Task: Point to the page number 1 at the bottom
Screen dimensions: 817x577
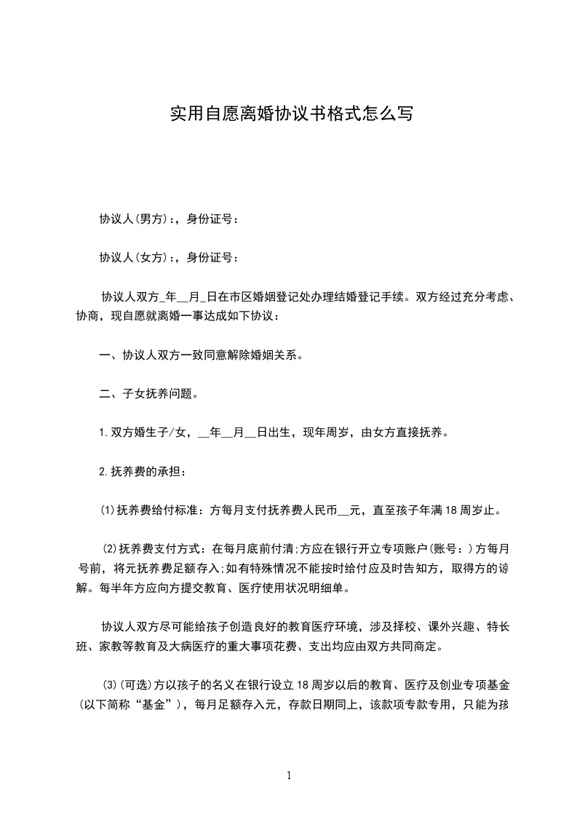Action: point(289,775)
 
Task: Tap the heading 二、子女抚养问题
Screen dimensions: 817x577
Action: point(148,395)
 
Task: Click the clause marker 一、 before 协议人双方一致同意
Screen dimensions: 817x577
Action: point(110,356)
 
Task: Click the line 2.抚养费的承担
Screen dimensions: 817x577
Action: point(143,473)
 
